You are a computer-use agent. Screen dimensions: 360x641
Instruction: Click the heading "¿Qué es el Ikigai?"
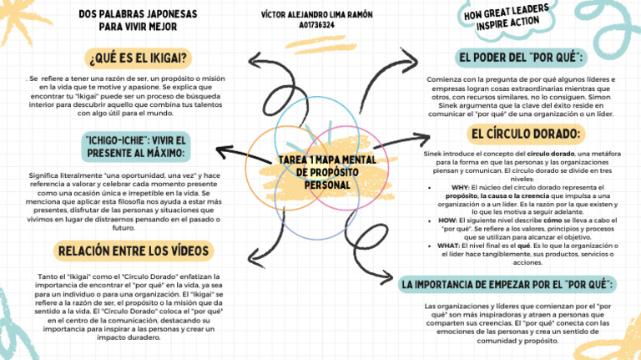pos(137,58)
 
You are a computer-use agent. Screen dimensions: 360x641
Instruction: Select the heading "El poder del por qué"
pos(521,58)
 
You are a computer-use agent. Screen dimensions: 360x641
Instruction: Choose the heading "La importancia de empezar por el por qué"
pos(508,285)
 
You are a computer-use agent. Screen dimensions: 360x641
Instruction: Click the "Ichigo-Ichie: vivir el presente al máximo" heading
pos(138,146)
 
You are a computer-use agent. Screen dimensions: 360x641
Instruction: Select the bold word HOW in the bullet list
pos(447,220)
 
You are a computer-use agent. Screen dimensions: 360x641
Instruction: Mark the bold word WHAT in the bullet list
pos(448,246)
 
